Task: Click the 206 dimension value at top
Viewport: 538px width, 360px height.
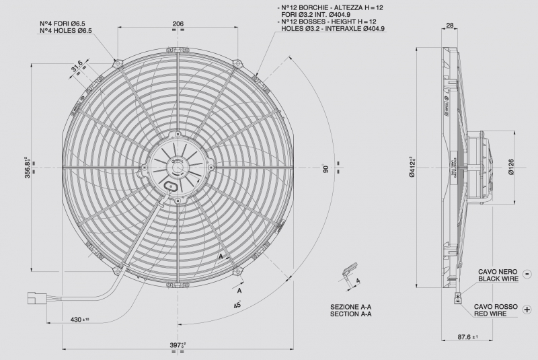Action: [x=178, y=24]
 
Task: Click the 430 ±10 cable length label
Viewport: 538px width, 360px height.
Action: [x=80, y=319]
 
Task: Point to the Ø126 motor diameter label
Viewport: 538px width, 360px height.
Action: [x=511, y=166]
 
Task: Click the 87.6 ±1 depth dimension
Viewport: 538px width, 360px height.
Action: [x=466, y=337]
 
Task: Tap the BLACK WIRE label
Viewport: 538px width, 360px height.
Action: [x=498, y=278]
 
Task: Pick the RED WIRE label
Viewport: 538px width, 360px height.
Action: [x=496, y=314]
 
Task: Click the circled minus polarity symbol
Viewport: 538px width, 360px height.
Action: [x=527, y=275]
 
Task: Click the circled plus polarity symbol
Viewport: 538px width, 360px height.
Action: [x=527, y=310]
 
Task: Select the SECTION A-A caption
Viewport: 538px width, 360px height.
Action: [x=350, y=314]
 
